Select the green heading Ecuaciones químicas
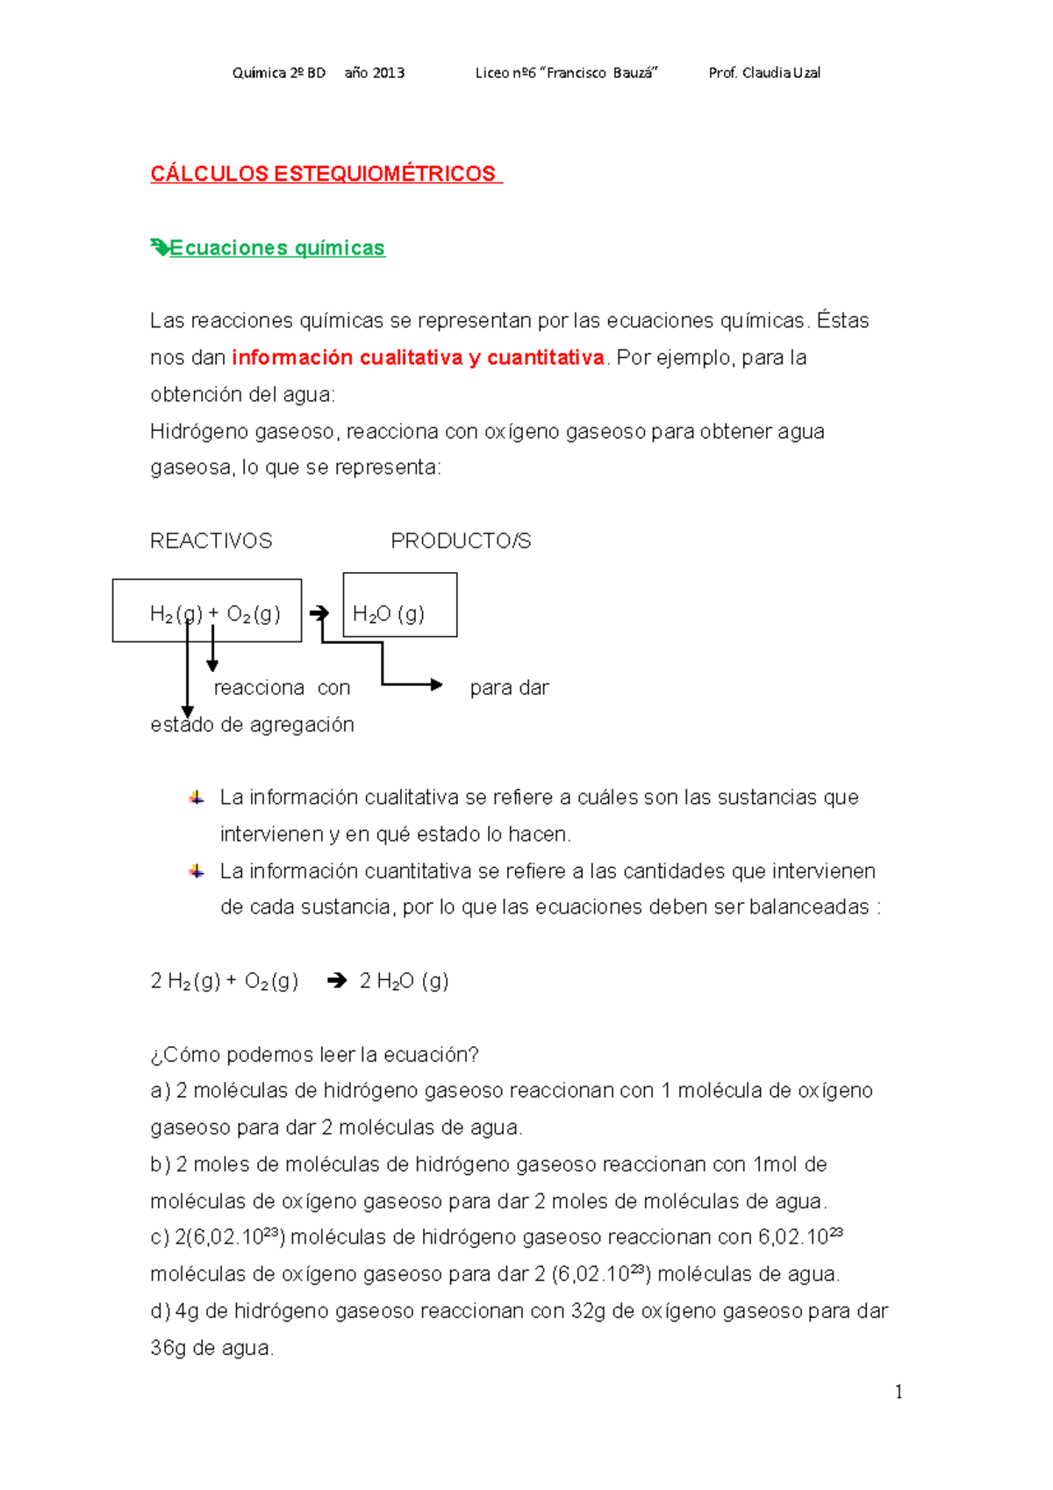click(x=276, y=248)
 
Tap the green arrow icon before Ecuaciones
click(x=159, y=247)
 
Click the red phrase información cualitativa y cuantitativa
click(x=418, y=358)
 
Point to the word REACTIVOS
click(x=211, y=541)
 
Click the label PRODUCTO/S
click(x=461, y=541)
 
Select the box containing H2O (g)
click(x=400, y=605)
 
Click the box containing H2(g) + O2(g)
click(x=207, y=611)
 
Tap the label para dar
click(x=509, y=688)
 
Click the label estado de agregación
click(x=252, y=725)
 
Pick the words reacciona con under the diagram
click(x=282, y=688)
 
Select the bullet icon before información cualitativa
click(x=197, y=798)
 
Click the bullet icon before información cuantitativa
click(x=197, y=871)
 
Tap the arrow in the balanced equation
click(x=336, y=981)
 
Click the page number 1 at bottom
click(x=898, y=1392)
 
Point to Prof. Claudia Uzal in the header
click(x=764, y=73)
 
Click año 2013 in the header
click(x=374, y=73)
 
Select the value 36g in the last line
click(x=168, y=1348)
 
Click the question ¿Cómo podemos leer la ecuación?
click(x=314, y=1055)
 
